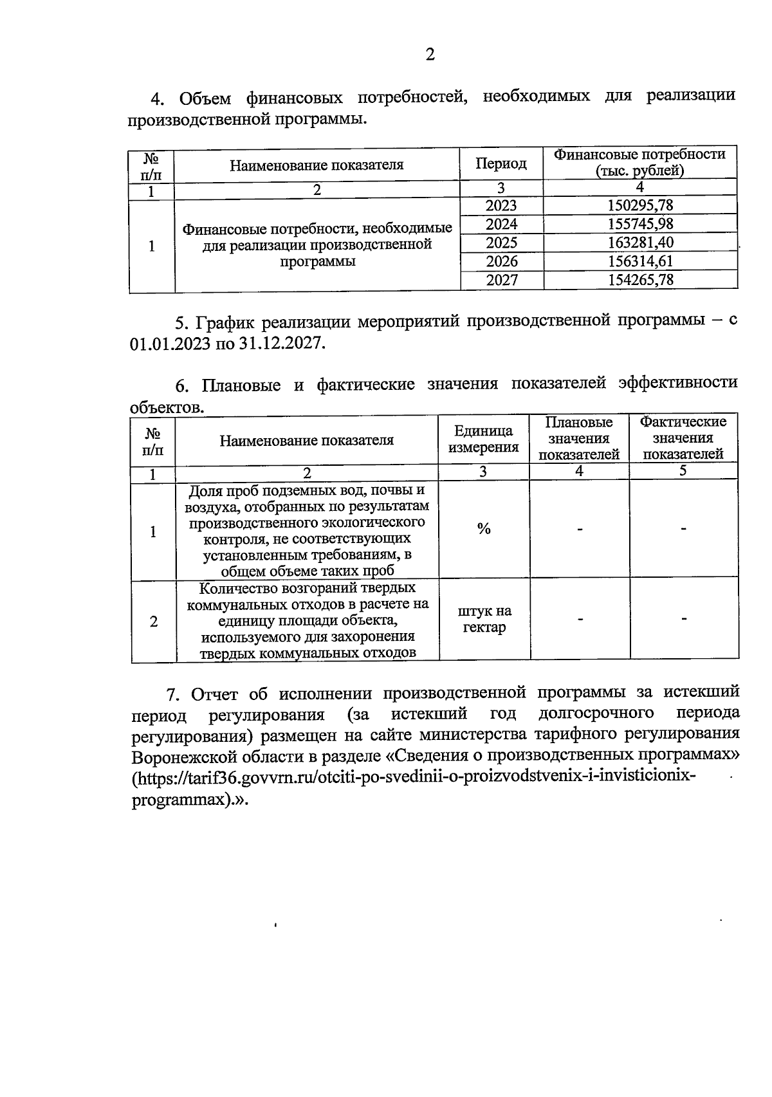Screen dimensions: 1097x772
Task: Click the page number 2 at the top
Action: pos(430,55)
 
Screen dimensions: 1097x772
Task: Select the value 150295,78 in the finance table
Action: pos(640,205)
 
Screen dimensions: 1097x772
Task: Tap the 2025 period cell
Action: pos(501,243)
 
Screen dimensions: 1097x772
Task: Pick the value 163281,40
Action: pos(640,243)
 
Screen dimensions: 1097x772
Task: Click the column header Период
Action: pos(501,164)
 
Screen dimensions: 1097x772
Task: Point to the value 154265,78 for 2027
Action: pos(640,280)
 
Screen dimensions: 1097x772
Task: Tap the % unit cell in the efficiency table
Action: pos(484,529)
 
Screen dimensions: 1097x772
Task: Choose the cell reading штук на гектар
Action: pos(484,619)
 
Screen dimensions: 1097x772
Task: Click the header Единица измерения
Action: pos(484,439)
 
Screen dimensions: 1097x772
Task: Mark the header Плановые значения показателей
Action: pos(578,438)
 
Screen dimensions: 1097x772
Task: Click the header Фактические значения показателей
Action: pos(683,438)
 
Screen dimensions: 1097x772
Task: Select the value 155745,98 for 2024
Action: pos(640,224)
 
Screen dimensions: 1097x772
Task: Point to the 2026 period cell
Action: pos(501,261)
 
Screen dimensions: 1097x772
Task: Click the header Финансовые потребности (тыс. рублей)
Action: pos(639,163)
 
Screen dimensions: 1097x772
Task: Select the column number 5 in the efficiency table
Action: pos(683,471)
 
